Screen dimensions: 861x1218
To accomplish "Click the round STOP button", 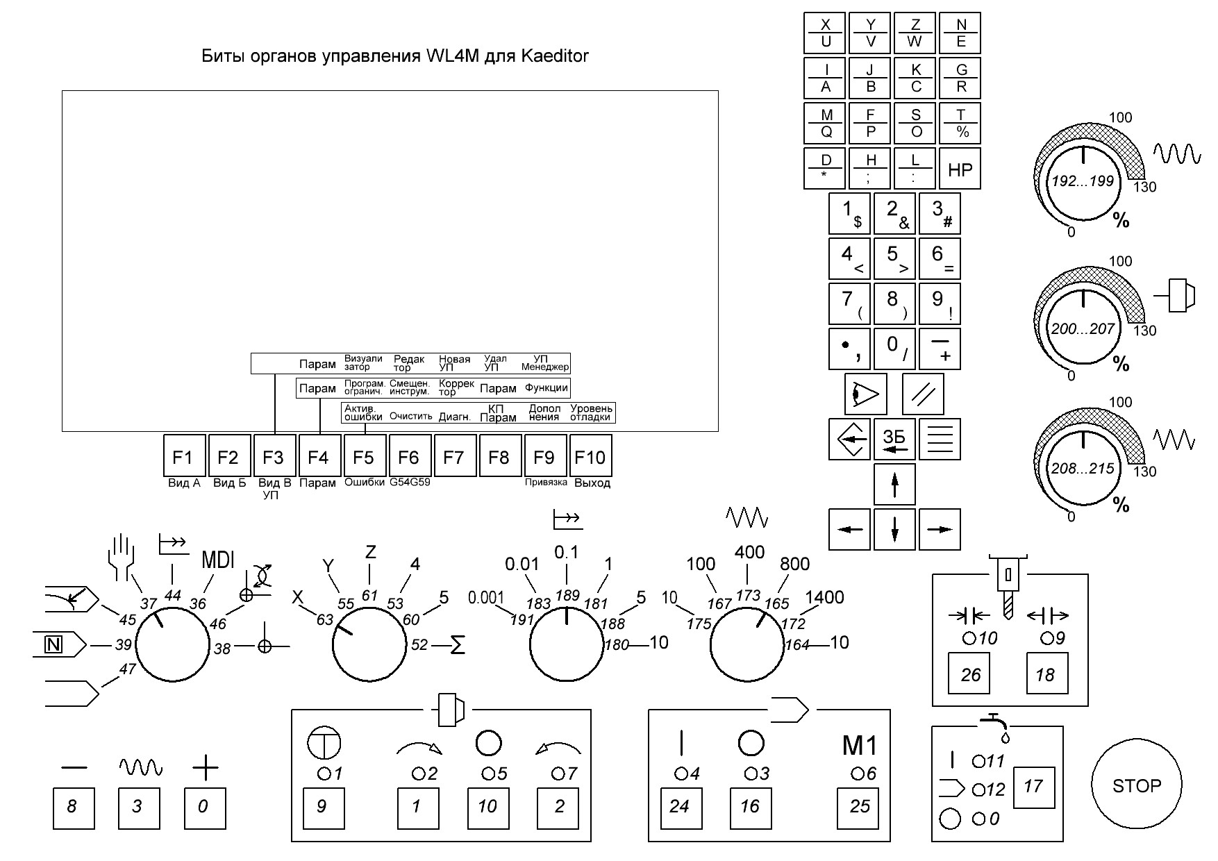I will [1136, 785].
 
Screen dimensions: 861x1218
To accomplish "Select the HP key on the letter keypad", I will [960, 169].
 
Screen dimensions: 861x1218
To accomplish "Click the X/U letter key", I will [825, 33].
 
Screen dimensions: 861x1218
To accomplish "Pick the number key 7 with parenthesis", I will [849, 303].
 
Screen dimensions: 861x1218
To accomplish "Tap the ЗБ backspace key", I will [894, 439].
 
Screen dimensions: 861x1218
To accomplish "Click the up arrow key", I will [894, 484].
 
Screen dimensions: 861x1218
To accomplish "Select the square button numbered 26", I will [970, 674].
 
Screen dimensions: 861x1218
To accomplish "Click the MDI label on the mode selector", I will [218, 560].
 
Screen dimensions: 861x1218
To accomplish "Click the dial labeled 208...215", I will [1083, 468].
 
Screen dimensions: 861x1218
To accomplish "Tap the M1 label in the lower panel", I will [860, 746].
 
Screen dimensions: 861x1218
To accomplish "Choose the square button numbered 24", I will [678, 806].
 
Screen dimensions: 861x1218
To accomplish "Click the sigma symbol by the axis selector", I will [458, 645].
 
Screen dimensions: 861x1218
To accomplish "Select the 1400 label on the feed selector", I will [824, 597].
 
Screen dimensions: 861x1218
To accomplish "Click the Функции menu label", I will [546, 388].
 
